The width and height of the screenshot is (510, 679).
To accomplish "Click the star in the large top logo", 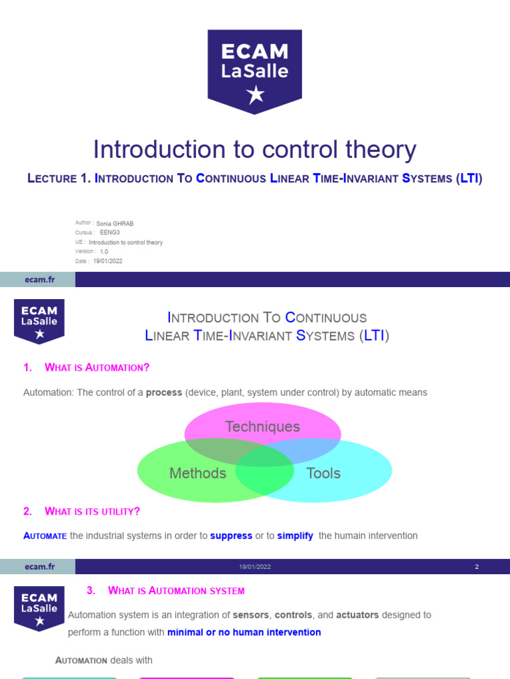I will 255,95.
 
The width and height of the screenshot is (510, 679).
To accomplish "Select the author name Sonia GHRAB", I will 115,224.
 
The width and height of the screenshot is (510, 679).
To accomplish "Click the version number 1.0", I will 104,252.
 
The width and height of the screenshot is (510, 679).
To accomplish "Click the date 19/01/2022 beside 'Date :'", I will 108,261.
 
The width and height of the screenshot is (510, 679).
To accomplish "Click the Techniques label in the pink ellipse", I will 262,427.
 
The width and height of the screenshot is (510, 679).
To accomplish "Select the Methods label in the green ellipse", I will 198,473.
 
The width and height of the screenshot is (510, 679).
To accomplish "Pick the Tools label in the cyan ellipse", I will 323,473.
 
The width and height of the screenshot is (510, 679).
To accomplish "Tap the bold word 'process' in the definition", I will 164,393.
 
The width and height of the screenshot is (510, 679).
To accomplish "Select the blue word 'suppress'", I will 231,536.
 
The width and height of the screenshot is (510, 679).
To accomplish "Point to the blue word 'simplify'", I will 295,536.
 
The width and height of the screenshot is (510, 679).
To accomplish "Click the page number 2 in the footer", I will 477,567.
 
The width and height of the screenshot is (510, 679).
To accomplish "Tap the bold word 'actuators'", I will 357,615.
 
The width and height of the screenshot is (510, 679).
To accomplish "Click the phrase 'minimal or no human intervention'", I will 244,632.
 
